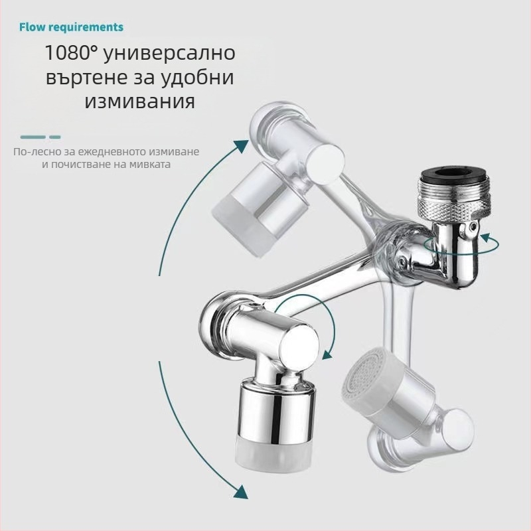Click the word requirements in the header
pyautogui.click(x=85, y=28)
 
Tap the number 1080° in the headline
pyautogui.click(x=70, y=52)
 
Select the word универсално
pyautogui.click(x=169, y=53)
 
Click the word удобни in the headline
pyautogui.click(x=198, y=78)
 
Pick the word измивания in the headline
pyautogui.click(x=140, y=102)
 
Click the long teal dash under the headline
pyautogui.click(x=33, y=137)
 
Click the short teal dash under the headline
pyautogui.click(x=55, y=137)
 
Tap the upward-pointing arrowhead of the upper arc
pyautogui.click(x=241, y=146)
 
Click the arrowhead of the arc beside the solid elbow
pyautogui.click(x=327, y=354)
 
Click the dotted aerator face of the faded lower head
pyautogui.click(x=360, y=374)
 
